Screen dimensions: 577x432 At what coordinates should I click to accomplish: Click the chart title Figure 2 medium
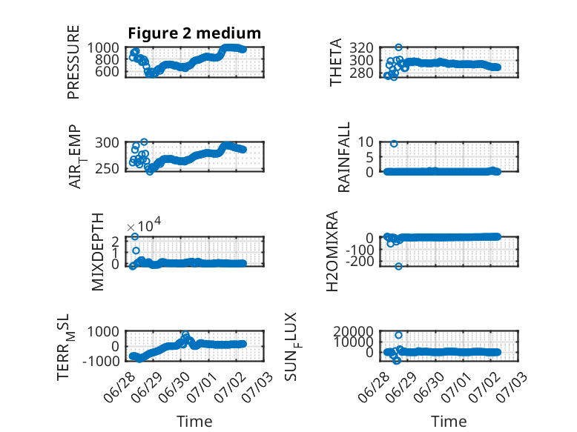[194, 33]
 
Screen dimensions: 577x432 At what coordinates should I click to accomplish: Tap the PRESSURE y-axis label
[73, 62]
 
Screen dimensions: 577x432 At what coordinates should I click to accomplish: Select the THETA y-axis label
[336, 62]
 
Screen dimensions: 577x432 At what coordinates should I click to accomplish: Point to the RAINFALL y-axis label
[343, 157]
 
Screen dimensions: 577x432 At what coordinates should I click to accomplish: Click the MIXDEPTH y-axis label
[97, 252]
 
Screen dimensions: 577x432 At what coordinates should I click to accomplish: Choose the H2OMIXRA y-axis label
[332, 251]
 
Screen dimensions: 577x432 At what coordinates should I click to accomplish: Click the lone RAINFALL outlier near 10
[394, 144]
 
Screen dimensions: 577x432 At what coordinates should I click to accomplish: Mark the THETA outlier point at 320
[398, 47]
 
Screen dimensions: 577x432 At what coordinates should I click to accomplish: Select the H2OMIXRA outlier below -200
[398, 266]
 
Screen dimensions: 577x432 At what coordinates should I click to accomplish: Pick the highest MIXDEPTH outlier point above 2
[135, 236]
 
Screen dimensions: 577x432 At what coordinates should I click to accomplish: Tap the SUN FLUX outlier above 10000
[398, 335]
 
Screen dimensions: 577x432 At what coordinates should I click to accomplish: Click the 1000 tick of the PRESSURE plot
[103, 48]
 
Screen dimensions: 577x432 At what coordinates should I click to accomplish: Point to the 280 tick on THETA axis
[361, 73]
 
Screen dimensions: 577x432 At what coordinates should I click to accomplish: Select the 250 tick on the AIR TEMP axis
[107, 168]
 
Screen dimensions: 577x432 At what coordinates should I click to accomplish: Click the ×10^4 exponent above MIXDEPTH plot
[144, 225]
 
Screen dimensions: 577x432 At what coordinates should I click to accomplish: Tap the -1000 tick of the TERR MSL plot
[101, 361]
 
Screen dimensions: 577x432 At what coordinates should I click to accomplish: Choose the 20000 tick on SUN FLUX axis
[353, 332]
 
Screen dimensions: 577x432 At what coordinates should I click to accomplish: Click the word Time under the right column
[449, 422]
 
